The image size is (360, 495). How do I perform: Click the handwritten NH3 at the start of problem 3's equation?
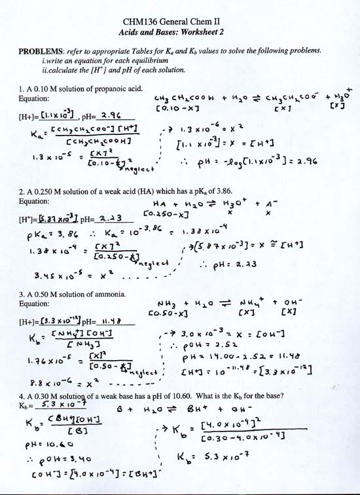168,303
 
